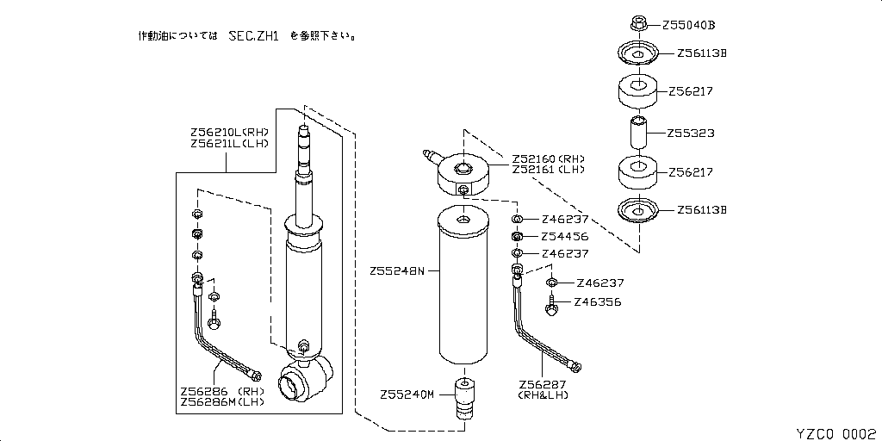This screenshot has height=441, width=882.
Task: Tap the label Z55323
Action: point(691,134)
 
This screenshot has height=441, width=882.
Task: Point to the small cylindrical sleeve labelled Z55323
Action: point(638,133)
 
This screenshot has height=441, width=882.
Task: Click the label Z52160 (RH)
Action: point(548,158)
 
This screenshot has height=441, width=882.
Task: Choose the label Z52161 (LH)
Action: point(548,170)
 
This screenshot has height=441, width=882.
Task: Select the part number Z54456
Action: point(565,237)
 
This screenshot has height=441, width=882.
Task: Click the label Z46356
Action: point(598,302)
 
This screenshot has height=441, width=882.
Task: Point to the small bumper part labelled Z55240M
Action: point(463,397)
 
